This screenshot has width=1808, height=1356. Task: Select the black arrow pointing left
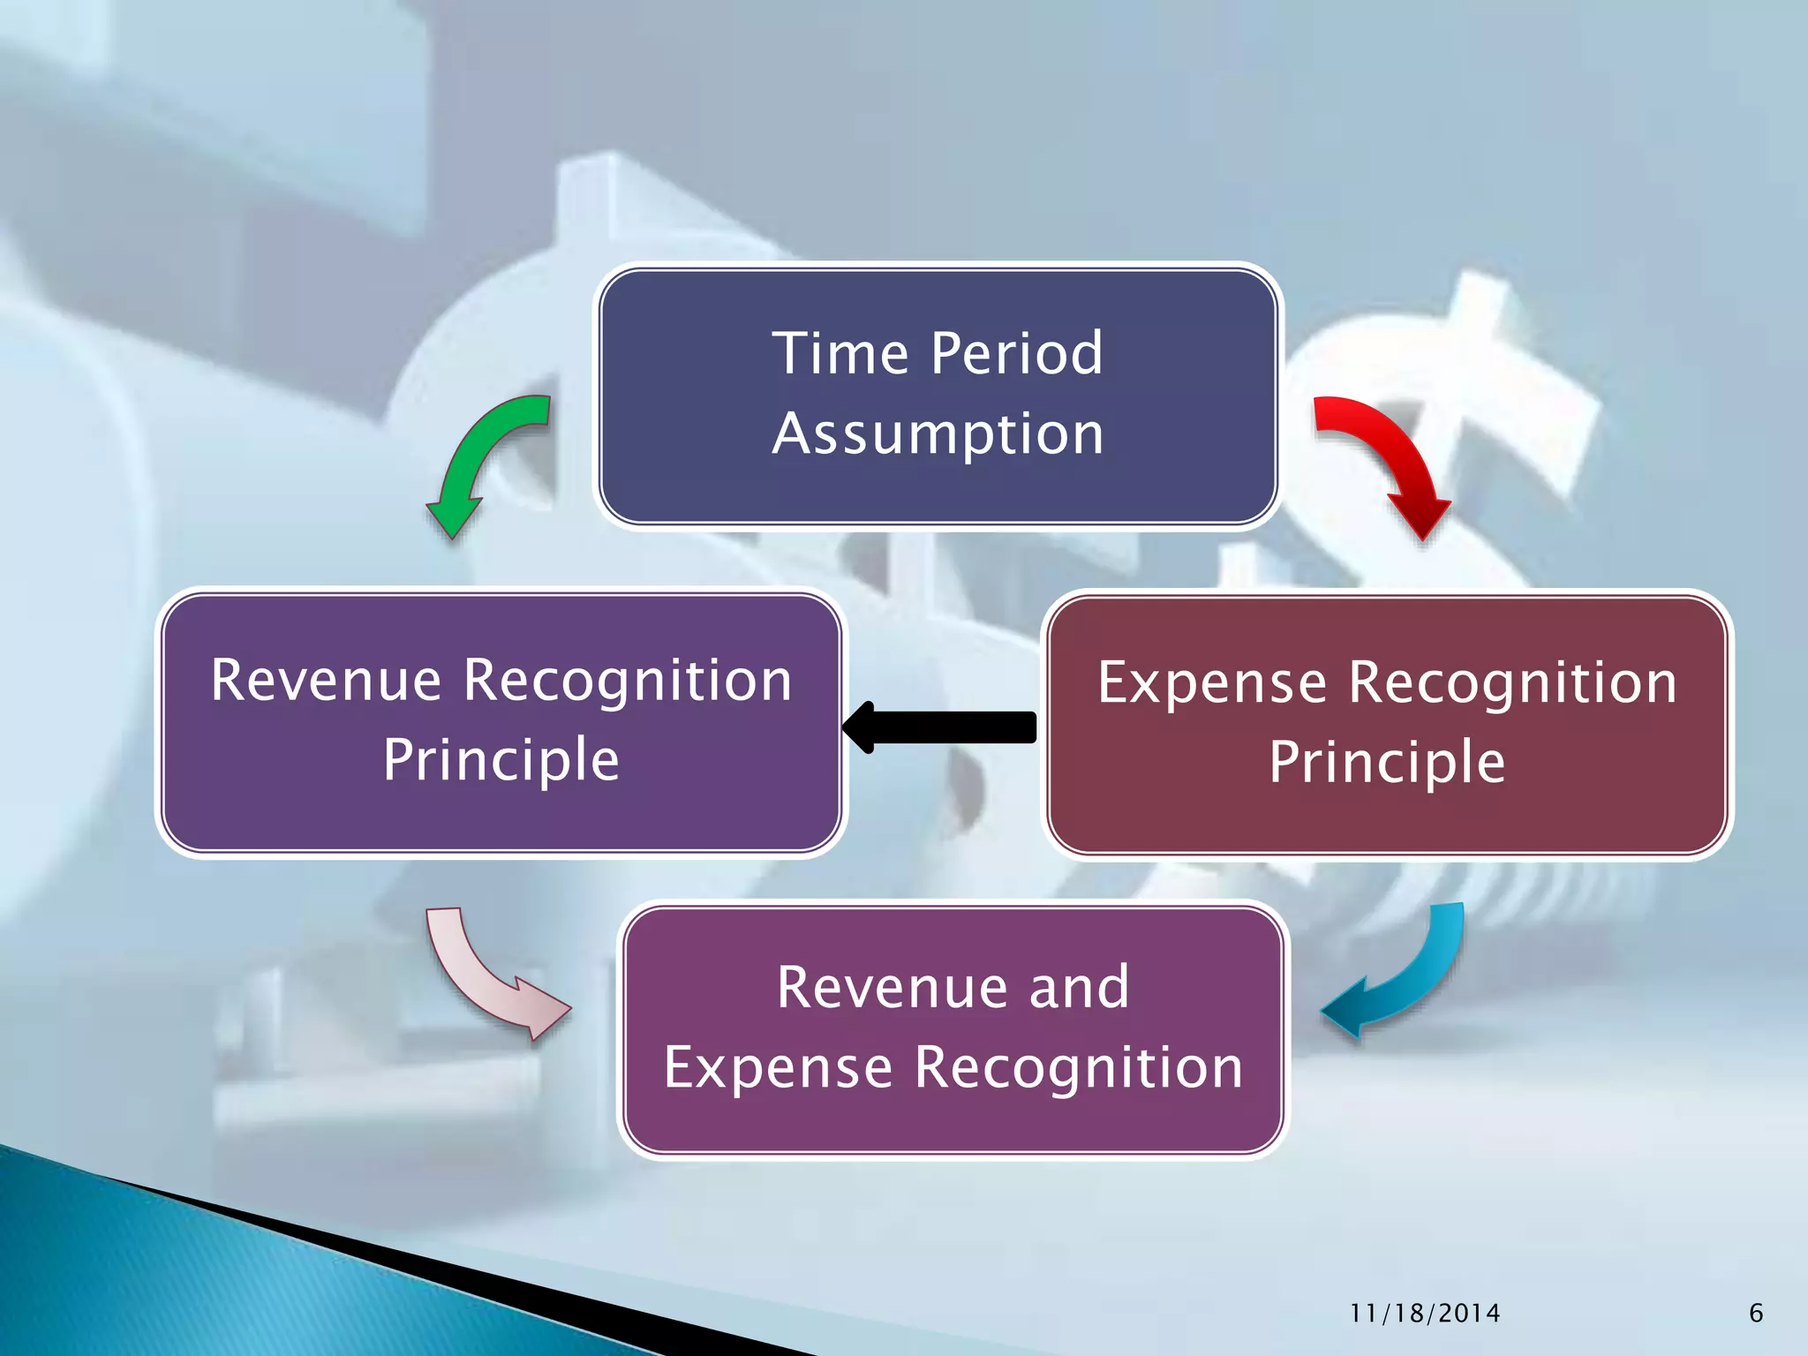point(940,727)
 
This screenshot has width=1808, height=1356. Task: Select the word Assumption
point(938,434)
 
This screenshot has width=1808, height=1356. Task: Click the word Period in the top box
point(1017,353)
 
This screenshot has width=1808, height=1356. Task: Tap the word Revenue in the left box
point(326,681)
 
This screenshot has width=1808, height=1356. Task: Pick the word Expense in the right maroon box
point(1211,683)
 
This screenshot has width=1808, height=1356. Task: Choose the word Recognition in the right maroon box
point(1512,683)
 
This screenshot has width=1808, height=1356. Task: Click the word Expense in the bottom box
point(778,1068)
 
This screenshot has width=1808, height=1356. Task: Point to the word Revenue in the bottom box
point(893,987)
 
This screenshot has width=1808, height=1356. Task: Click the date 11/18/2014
point(1425,1314)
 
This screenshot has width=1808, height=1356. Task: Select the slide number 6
point(1756,1314)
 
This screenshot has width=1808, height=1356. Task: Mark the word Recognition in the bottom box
point(1078,1068)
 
